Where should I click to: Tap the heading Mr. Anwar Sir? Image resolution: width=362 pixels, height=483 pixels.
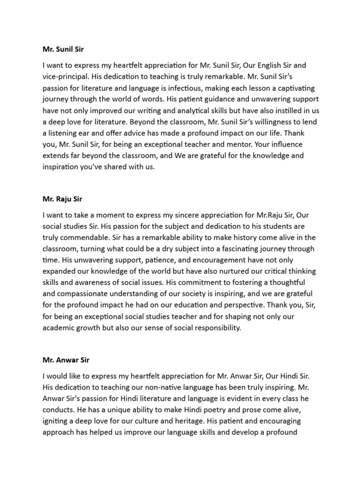tap(66, 360)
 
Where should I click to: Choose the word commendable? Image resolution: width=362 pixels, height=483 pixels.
tap(83, 237)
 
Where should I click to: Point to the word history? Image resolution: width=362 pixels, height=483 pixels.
tap(243, 237)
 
